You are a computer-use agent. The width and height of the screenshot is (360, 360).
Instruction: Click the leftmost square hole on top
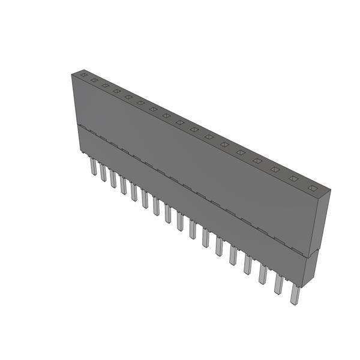pyautogui.click(x=83, y=76)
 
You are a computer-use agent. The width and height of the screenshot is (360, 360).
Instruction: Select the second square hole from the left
pyautogui.click(x=94, y=80)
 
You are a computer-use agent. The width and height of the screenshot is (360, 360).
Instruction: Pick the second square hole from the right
pyautogui.click(x=294, y=179)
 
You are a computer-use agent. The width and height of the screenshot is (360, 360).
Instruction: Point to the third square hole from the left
pyautogui.click(x=105, y=86)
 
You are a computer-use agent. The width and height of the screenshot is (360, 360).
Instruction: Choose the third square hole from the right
pyautogui.click(x=275, y=170)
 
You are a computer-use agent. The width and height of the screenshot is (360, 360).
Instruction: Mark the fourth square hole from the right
pyautogui.click(x=258, y=161)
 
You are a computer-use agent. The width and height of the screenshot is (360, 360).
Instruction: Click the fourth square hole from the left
pyautogui.click(x=116, y=91)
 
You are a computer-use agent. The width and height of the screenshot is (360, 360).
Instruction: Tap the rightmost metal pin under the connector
pyautogui.click(x=295, y=294)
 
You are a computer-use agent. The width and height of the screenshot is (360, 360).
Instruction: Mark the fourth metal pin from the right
pyautogui.click(x=248, y=264)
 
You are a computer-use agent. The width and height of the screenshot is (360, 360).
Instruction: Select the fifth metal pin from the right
pyautogui.click(x=233, y=254)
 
